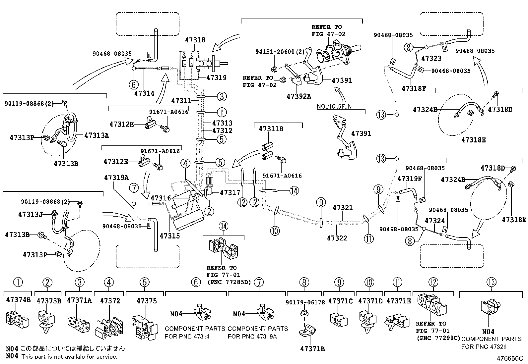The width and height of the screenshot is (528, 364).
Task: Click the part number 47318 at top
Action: tap(195, 40)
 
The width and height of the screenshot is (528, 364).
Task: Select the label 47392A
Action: tap(299, 96)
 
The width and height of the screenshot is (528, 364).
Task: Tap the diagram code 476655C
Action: tap(509, 358)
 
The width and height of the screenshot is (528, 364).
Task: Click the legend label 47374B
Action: tap(18, 300)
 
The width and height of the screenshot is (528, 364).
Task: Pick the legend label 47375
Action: tap(145, 301)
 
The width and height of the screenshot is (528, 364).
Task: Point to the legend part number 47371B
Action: tap(312, 348)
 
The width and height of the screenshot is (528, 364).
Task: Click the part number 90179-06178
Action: tap(304, 302)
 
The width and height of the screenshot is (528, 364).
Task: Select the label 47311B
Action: tap(271, 129)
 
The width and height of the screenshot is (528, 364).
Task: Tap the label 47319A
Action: tap(116, 178)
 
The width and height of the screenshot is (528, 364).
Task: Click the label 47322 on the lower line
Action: tap(337, 238)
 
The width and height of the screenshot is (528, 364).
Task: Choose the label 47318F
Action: tap(414, 88)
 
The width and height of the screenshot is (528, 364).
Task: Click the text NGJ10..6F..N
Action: tap(334, 107)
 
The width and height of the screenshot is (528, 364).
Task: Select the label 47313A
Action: tap(97, 135)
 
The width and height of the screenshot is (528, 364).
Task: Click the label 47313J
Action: tap(31, 215)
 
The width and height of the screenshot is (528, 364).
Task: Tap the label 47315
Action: tap(169, 236)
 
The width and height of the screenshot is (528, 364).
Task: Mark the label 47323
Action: tap(431, 58)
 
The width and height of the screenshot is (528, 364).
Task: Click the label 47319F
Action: tap(410, 179)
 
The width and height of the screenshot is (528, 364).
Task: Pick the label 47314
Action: tap(144, 93)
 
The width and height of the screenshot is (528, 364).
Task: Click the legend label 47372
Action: tap(110, 301)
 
